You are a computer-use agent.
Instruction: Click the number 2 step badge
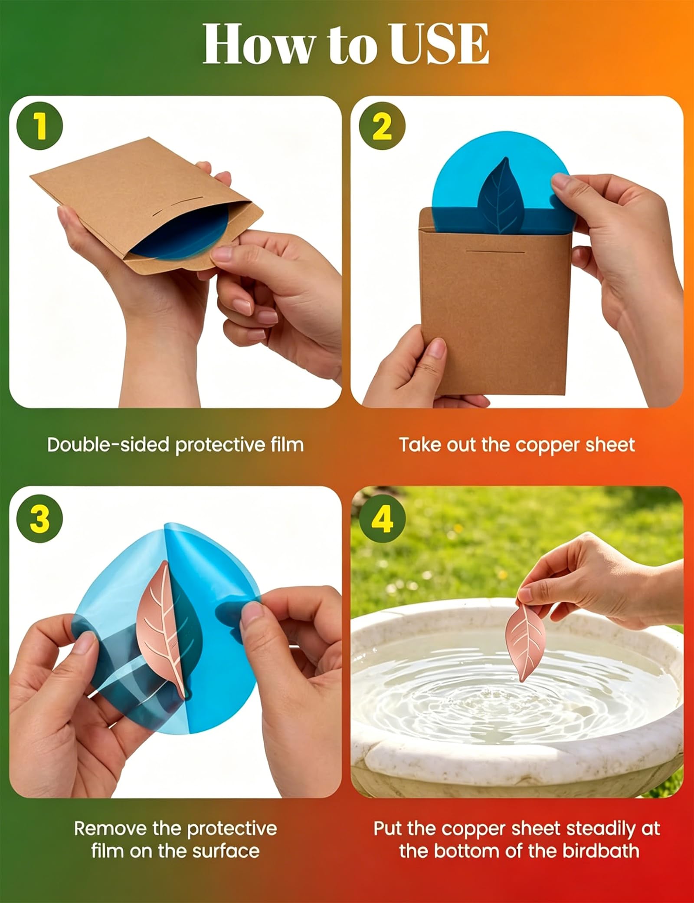(382, 126)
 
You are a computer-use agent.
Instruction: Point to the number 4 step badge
(382, 518)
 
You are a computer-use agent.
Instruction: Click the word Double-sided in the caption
(108, 445)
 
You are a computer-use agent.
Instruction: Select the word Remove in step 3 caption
(110, 829)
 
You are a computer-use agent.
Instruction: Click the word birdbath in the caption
(601, 850)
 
